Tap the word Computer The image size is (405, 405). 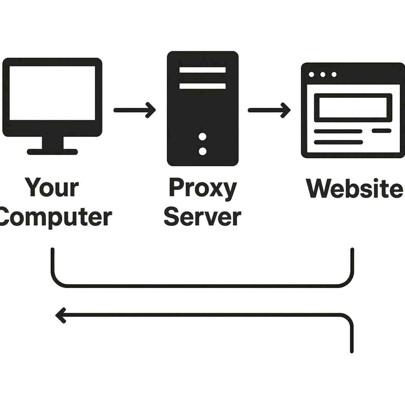(56, 217)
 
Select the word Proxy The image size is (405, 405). (202, 188)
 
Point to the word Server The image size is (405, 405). (202, 217)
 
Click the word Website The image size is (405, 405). (354, 188)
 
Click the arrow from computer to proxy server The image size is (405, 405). (135, 110)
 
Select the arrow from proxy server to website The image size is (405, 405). (269, 110)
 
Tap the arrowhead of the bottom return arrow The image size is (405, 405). (60, 315)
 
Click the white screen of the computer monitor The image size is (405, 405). (52, 93)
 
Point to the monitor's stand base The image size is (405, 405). (52, 152)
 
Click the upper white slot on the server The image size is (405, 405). (202, 70)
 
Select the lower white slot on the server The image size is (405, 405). (202, 86)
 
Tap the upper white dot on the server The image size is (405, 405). (202, 137)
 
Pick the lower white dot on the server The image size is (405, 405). (202, 151)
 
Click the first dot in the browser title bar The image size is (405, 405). (312, 74)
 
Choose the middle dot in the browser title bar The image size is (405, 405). (323, 74)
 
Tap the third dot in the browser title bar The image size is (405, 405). (334, 74)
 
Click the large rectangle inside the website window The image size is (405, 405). (353, 108)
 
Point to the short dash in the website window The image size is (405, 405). (381, 131)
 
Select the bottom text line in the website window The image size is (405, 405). (338, 142)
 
